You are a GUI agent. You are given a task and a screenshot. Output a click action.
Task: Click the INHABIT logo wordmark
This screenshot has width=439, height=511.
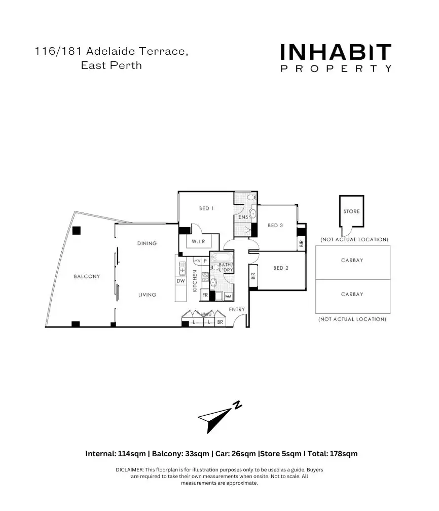pos(336,52)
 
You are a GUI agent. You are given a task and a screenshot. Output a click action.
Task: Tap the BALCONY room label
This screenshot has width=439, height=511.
pos(87,276)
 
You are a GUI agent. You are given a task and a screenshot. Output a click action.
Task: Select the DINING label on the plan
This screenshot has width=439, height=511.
pos(147,243)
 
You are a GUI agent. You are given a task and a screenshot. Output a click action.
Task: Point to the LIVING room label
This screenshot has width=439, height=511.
pos(147,295)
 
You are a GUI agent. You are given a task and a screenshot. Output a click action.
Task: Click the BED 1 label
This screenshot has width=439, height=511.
pos(206,208)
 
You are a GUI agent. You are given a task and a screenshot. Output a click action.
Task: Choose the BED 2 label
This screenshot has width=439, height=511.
pos(281,268)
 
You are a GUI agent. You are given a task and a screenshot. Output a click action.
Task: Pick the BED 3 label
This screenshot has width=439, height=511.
pos(275,225)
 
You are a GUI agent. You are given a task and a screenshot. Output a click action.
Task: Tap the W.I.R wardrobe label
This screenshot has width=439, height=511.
pos(198,241)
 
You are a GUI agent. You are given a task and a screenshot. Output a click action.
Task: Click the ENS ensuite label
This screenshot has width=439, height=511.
pos(243,217)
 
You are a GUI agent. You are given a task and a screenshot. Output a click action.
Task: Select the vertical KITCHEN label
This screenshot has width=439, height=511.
pos(195,280)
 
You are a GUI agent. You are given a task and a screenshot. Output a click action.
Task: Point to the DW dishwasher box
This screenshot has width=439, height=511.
pos(180,281)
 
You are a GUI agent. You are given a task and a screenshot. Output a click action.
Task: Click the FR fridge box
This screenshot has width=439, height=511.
pos(205,295)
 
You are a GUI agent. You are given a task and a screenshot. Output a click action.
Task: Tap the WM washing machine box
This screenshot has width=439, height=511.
pos(228,296)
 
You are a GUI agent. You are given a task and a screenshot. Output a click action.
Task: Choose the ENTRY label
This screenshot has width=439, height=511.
pos(237,309)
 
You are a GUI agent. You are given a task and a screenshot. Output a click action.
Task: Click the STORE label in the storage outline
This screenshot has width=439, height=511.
pos(351,211)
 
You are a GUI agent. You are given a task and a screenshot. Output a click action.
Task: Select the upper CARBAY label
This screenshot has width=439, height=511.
pos(352,260)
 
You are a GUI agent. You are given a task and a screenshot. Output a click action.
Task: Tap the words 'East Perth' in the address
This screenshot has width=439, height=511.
pos(111,66)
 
